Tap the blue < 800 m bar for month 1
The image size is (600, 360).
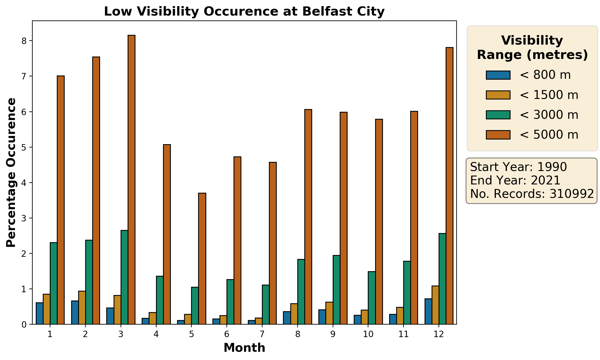[x=39, y=313]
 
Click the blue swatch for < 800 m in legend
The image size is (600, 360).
[x=498, y=75]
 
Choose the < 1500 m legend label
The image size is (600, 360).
[x=549, y=95]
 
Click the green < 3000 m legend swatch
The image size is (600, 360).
[x=498, y=115]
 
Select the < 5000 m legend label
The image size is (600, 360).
[x=549, y=135]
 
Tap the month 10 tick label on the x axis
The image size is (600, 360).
[x=368, y=334]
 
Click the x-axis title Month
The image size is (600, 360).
[x=244, y=348]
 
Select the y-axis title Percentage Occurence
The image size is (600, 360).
[x=11, y=172]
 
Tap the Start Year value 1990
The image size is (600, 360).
[x=552, y=167]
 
